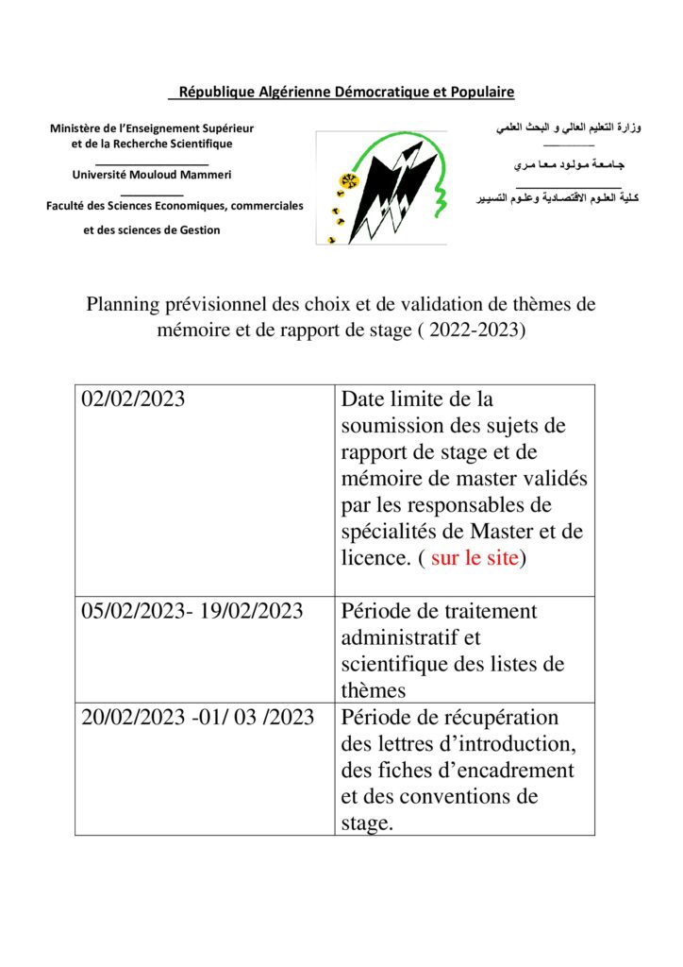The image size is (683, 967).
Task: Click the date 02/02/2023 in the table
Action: (x=133, y=399)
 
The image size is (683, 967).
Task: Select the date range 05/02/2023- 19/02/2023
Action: (x=192, y=611)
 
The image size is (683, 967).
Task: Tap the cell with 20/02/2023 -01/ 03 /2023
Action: (x=197, y=718)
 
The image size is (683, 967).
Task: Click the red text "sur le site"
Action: (x=475, y=557)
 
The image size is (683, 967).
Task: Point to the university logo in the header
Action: (x=381, y=187)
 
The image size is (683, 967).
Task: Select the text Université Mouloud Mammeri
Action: (x=152, y=175)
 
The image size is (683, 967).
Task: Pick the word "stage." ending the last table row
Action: (x=367, y=823)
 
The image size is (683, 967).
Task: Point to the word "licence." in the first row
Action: (x=376, y=557)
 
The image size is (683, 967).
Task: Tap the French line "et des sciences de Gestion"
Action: (x=152, y=229)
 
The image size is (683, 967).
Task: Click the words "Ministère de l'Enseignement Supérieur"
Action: (x=152, y=127)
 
